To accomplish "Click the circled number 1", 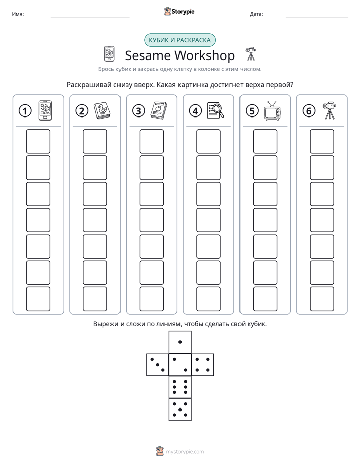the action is click(25, 111).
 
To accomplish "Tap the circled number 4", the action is click(195, 111).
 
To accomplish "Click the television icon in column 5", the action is click(272, 110).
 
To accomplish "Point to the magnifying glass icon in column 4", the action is click(215, 110).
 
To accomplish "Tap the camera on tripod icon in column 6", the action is click(329, 110).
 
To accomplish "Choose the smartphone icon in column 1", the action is click(45, 110).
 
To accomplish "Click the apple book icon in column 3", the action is click(159, 110).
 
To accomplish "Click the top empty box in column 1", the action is click(38, 141).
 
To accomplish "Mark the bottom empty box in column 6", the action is click(322, 299).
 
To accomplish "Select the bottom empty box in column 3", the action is click(151, 299).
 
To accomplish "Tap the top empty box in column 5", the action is click(265, 141).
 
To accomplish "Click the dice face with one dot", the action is click(180, 342).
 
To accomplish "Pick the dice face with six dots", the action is click(180, 387).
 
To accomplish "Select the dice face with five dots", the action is click(180, 409).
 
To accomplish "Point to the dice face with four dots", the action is click(203, 364).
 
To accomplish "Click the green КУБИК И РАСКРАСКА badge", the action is click(179, 40).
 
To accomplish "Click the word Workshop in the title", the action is click(205, 55).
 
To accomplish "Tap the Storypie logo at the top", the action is click(179, 11).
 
